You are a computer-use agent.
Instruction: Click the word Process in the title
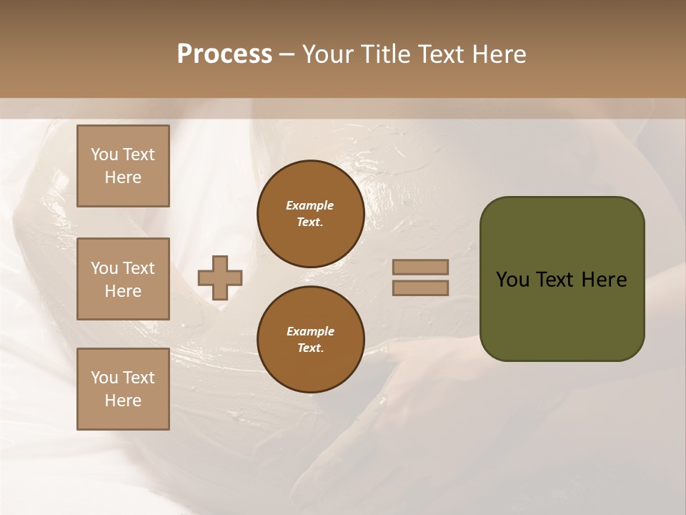click(224, 54)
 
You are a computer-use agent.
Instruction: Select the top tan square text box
click(123, 166)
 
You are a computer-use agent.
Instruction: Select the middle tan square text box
click(123, 279)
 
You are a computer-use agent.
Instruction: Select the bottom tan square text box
click(123, 388)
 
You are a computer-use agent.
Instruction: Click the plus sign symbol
click(220, 278)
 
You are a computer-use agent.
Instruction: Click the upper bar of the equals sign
click(420, 268)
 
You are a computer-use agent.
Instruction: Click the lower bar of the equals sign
click(420, 288)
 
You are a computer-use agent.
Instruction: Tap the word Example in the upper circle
click(310, 205)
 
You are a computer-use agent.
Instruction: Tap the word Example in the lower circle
click(310, 331)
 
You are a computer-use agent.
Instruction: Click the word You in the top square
click(104, 154)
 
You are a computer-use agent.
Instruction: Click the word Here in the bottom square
click(123, 401)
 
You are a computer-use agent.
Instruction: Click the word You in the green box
click(512, 280)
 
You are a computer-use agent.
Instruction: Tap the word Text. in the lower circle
click(310, 348)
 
